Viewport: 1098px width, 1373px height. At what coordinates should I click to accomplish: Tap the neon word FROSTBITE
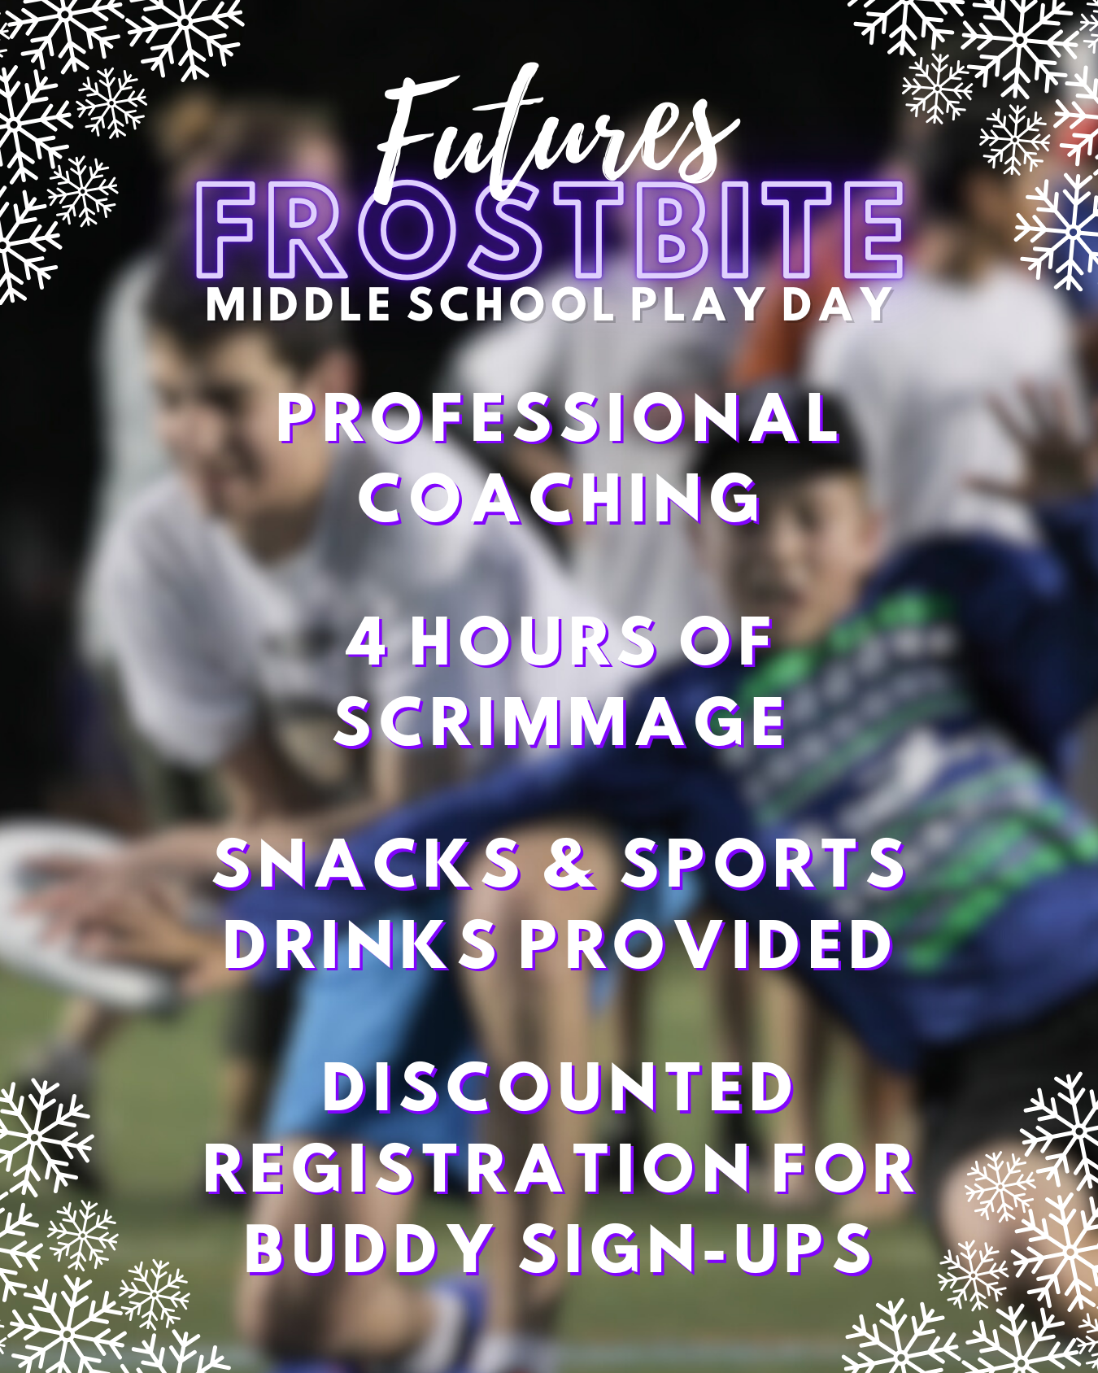tap(551, 231)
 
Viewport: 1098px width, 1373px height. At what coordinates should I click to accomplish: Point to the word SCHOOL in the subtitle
tap(511, 305)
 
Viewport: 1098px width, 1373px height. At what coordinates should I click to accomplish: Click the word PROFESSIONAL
tap(558, 418)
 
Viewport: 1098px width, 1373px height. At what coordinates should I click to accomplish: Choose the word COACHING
tap(560, 498)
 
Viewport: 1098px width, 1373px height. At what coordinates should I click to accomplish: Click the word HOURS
tap(533, 641)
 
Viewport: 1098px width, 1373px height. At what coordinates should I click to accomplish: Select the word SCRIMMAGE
tap(560, 721)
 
